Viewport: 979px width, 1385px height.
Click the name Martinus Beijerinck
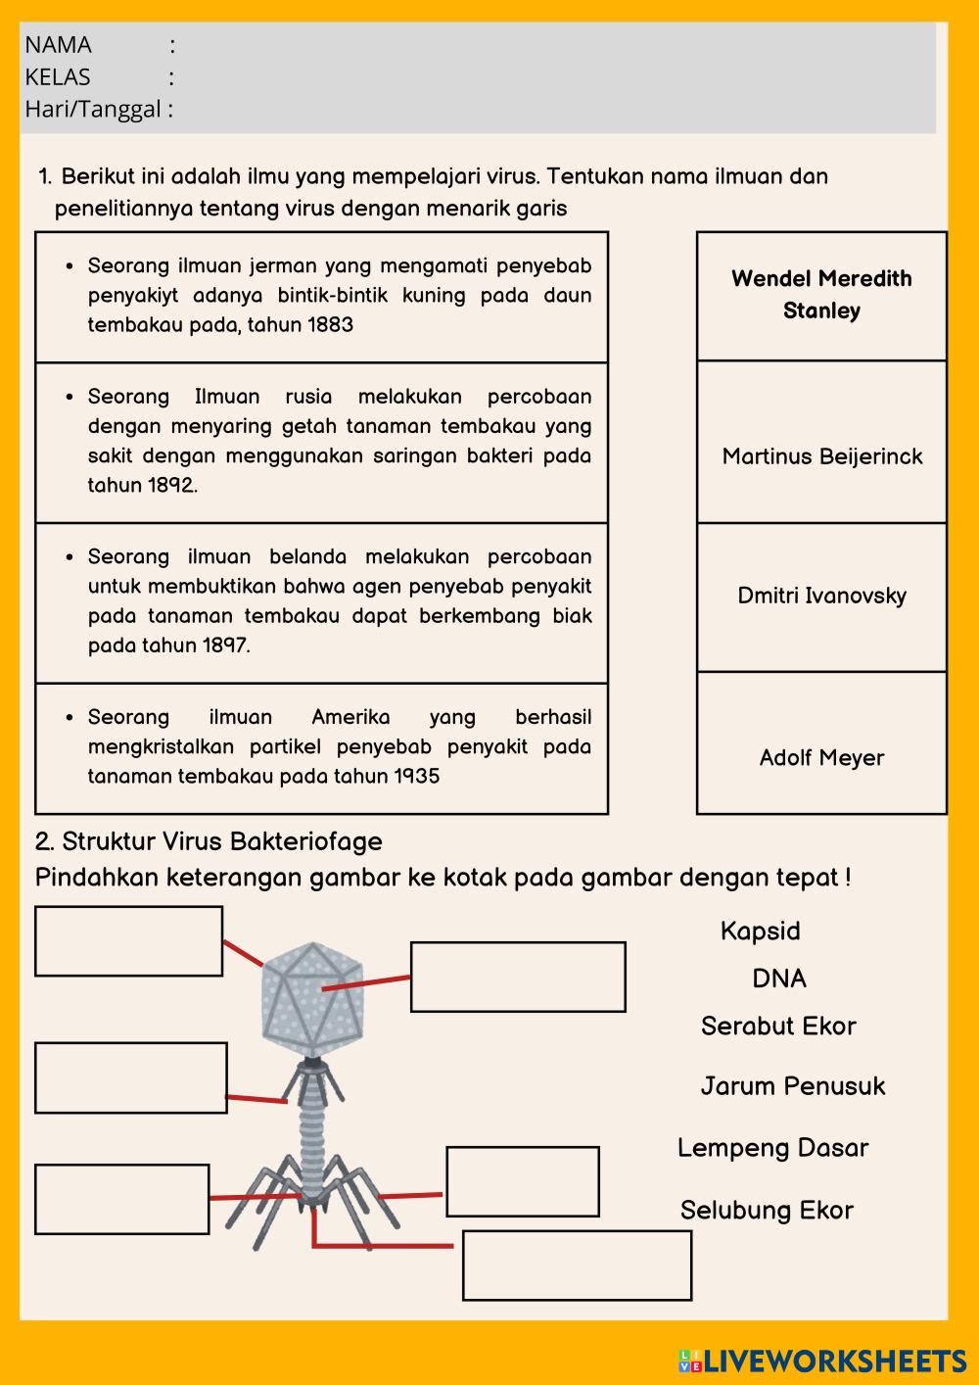(822, 456)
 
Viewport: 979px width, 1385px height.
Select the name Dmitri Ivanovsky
(822, 596)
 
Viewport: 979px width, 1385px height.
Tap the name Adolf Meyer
(821, 757)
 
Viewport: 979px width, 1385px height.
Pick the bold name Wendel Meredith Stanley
(821, 294)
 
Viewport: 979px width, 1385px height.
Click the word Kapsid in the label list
(760, 931)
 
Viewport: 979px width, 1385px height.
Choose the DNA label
(779, 979)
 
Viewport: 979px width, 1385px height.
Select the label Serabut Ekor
(778, 1026)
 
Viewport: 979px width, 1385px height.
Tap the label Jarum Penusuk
(792, 1085)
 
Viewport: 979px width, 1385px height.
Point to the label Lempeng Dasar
(772, 1148)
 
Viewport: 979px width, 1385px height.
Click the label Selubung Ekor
(767, 1211)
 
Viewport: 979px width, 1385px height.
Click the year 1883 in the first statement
(330, 325)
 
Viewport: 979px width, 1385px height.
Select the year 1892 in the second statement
(171, 486)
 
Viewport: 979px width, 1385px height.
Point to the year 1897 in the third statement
(225, 645)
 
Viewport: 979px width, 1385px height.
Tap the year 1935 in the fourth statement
(416, 777)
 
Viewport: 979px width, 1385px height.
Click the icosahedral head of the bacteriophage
(310, 994)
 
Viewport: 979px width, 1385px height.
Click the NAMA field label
(58, 45)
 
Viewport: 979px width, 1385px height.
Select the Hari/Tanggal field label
(93, 109)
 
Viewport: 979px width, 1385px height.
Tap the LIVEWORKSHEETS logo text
(833, 1361)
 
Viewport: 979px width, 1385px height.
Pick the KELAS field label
(58, 77)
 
